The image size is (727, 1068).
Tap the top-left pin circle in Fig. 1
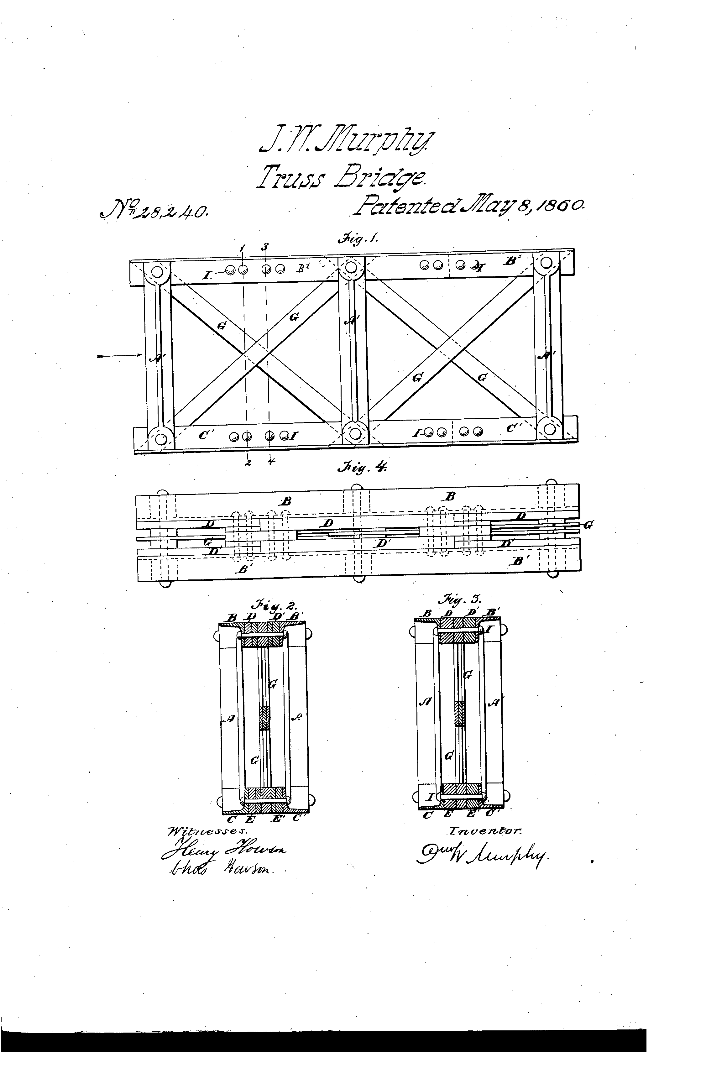click(157, 271)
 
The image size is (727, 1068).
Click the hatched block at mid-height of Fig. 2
click(264, 718)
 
